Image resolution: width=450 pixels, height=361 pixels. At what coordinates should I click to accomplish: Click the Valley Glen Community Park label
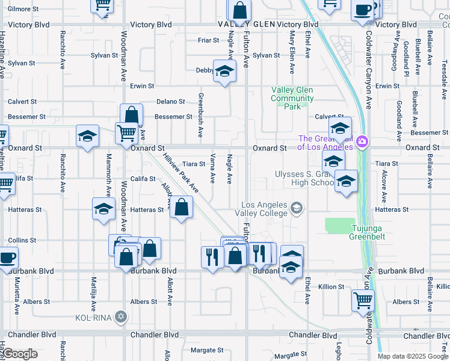[x=292, y=98]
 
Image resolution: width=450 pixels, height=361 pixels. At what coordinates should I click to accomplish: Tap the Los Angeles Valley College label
[x=264, y=209]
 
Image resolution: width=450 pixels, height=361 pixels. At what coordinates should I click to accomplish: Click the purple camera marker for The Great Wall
[x=362, y=142]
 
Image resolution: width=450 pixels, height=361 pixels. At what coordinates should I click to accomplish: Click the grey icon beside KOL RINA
[x=121, y=316]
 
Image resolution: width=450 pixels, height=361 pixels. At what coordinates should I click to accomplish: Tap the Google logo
[x=20, y=354]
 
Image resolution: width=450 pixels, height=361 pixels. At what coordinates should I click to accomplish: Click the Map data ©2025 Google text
[x=413, y=356]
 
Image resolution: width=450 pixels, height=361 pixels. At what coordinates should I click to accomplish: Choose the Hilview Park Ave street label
[x=180, y=172]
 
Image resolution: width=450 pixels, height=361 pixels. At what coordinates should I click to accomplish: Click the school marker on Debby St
[x=224, y=72]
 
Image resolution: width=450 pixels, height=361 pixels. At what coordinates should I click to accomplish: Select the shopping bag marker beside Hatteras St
[x=181, y=208]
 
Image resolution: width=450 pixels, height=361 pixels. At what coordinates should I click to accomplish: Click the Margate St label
[x=206, y=350]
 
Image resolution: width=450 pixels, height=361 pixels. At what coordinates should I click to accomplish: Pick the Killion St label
[x=331, y=287]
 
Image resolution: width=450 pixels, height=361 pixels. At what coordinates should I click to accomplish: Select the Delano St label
[x=171, y=102]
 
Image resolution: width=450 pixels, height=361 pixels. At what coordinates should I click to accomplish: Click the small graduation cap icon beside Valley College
[x=296, y=209]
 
